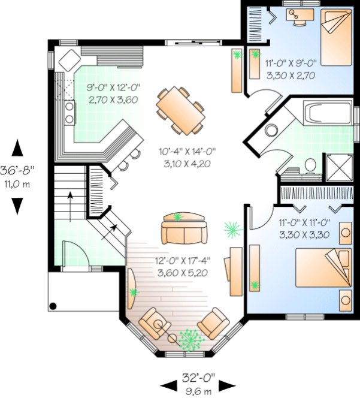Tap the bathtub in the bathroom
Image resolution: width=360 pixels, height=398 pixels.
(327, 113)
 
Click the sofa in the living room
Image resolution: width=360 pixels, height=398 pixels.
(184, 228)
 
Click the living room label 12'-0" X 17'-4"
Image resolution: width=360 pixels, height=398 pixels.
(183, 261)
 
